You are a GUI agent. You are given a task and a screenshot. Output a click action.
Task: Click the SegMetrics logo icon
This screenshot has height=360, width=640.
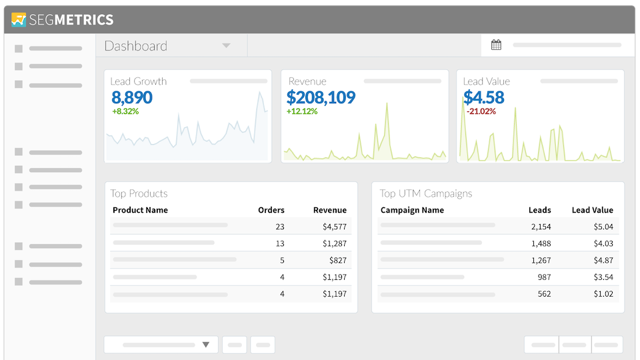coord(19,20)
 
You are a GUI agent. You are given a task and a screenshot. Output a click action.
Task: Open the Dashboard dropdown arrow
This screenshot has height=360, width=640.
coord(226,46)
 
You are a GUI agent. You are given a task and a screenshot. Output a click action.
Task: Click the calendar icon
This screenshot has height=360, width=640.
coord(496,45)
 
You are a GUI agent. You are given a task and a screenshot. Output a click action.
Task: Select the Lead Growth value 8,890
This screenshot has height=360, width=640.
coord(132,97)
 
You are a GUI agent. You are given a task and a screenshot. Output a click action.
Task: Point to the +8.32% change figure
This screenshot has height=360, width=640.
coord(125,111)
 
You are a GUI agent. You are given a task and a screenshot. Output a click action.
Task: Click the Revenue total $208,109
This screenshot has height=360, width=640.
coord(321,97)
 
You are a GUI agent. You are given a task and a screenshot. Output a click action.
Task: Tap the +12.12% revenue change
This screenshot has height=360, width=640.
coord(302,111)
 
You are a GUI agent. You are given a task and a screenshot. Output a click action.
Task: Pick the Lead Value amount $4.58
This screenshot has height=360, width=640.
coord(483,97)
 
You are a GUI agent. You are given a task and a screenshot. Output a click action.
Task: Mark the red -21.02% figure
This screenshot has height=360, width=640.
coord(481,111)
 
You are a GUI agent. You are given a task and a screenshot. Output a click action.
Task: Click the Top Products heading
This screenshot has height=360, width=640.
coord(139,193)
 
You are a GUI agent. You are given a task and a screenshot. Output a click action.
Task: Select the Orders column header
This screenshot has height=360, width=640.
coord(271,210)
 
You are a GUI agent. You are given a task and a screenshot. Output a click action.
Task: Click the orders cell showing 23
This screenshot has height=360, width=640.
coord(279,227)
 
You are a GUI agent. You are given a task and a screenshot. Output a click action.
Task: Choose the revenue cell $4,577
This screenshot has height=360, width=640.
coord(334,227)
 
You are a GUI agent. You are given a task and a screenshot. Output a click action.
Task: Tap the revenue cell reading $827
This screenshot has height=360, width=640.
coord(337,260)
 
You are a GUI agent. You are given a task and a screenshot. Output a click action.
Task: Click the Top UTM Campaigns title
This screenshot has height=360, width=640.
coord(425,193)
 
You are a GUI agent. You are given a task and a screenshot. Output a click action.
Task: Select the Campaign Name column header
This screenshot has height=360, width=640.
coord(412,210)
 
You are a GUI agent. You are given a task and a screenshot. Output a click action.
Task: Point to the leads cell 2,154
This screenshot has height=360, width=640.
coord(541,227)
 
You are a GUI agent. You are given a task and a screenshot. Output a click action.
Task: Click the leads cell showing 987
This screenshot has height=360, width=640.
coord(544,277)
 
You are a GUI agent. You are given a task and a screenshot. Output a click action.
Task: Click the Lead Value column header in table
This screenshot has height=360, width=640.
coord(592,210)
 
